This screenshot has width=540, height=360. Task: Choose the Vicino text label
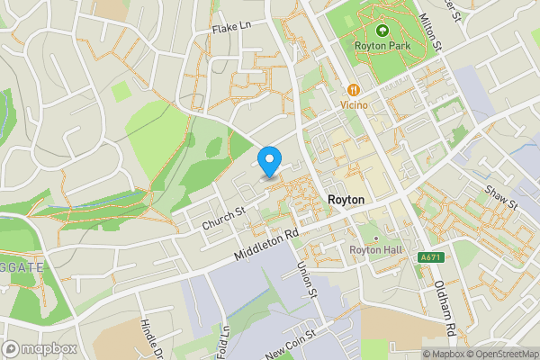click(x=355, y=105)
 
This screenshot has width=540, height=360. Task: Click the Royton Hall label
click(x=375, y=250)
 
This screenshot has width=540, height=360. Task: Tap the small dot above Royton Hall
click(x=376, y=238)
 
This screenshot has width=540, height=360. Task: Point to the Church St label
click(x=223, y=218)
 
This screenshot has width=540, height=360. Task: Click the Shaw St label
click(x=502, y=197)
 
